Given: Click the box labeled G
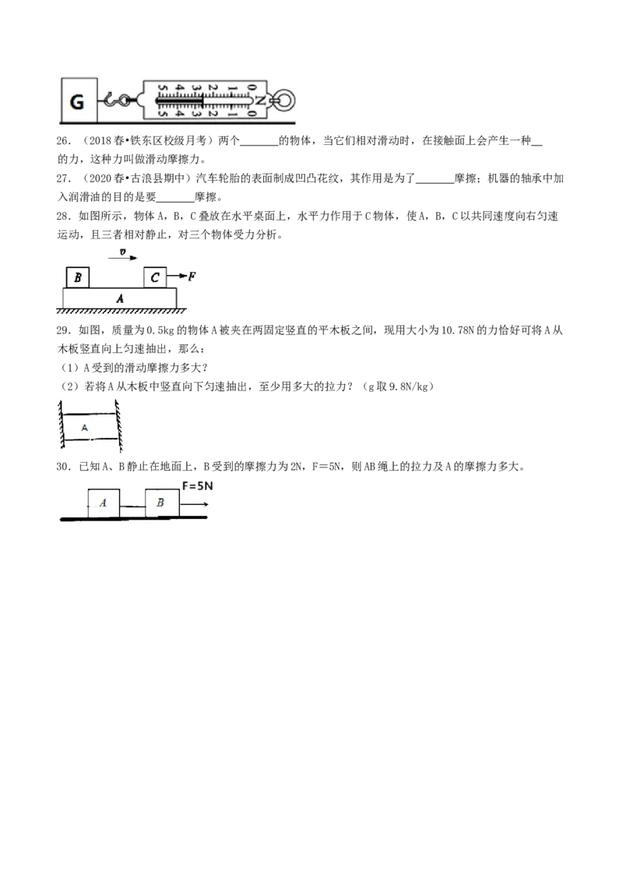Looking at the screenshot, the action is [x=79, y=101].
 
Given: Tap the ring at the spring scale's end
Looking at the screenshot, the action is [x=285, y=101].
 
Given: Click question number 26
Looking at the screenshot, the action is [x=64, y=140].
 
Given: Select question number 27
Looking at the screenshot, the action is [x=64, y=178].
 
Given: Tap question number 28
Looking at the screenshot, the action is [x=64, y=216].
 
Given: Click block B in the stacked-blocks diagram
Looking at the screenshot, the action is [x=78, y=277].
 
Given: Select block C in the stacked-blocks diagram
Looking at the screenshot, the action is [x=155, y=277].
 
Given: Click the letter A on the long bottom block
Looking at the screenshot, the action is [x=120, y=298].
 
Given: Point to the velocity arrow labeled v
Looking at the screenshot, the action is [x=122, y=258].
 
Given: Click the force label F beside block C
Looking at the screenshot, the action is [x=192, y=276].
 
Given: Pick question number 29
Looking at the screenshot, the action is [x=64, y=330].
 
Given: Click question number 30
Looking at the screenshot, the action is [x=64, y=466].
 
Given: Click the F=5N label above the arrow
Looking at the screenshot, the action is [x=197, y=485].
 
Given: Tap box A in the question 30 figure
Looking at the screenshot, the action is [x=104, y=503].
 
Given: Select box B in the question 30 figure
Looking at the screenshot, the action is [x=162, y=503].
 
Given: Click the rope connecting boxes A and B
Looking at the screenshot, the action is [x=132, y=506].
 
